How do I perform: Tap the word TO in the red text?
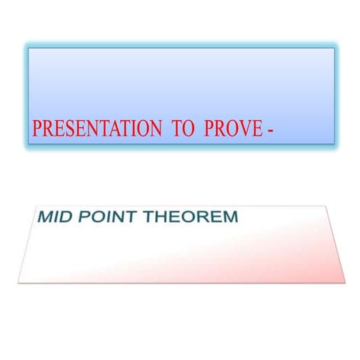click(x=184, y=128)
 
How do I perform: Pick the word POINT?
click(x=106, y=218)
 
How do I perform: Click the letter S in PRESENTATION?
click(x=62, y=128)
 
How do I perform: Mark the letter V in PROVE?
click(x=239, y=128)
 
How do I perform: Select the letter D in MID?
click(x=65, y=218)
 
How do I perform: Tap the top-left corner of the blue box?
click(x=28, y=49)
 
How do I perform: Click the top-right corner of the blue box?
click(x=334, y=49)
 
